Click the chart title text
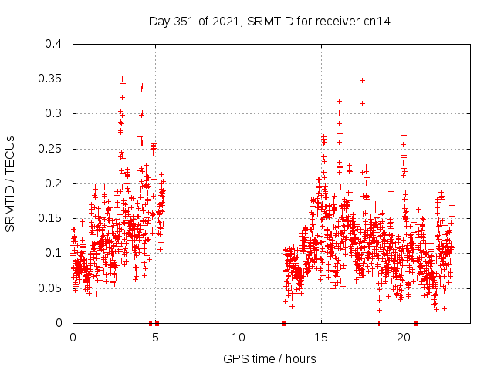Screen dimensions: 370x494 (269, 22)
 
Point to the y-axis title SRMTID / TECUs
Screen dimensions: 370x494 (11, 183)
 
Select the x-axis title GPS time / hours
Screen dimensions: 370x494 (269, 358)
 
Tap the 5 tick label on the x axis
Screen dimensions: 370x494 (155, 338)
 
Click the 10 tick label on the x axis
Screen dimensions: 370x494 (239, 338)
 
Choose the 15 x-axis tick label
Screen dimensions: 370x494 (321, 338)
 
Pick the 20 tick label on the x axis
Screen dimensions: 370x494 (404, 338)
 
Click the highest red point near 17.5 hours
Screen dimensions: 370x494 (362, 80)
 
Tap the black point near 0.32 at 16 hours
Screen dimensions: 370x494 (339, 101)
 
